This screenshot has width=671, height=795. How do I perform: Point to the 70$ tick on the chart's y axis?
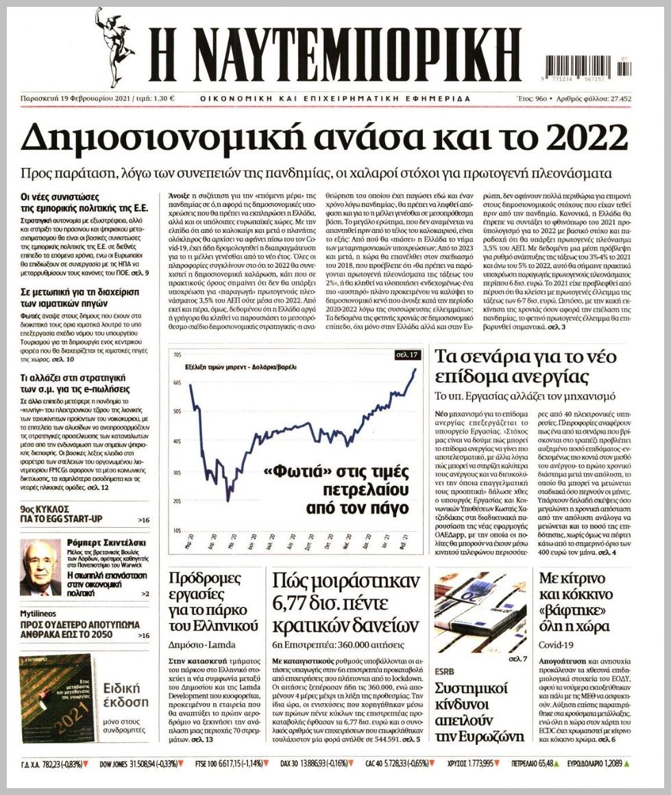pos(176,355)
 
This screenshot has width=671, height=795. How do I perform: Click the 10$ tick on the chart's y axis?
pos(176,530)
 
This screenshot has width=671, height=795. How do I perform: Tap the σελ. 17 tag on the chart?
pos(406,355)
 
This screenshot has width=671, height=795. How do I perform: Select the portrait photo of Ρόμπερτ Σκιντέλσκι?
pos(40,567)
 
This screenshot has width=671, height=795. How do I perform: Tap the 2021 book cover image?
pos(56,699)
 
